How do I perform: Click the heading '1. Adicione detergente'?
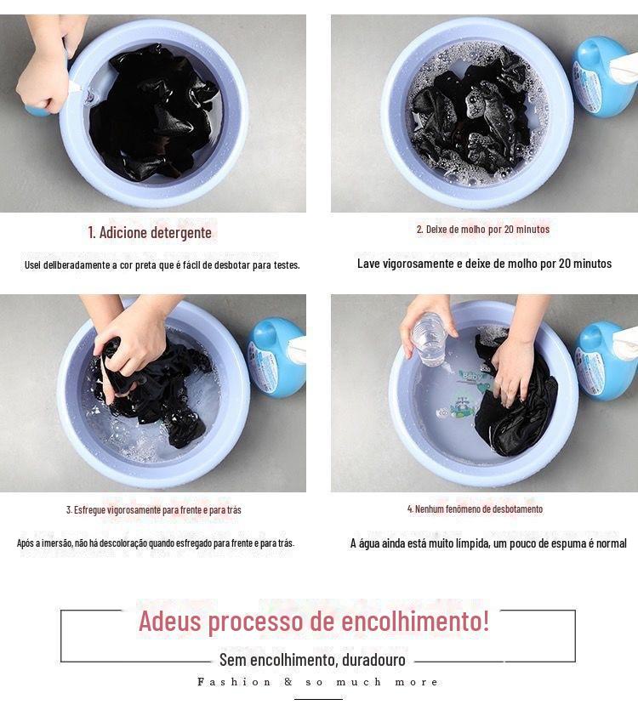(150, 232)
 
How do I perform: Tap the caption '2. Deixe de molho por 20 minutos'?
(482, 230)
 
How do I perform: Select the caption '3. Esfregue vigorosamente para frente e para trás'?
(153, 509)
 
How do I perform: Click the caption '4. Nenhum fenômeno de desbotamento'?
(475, 509)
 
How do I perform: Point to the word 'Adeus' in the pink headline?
(169, 621)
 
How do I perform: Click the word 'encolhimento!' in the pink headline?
(415, 621)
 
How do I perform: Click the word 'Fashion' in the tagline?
(234, 682)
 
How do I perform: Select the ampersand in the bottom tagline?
(288, 682)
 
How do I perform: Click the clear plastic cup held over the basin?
(429, 338)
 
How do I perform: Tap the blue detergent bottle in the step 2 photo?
(604, 76)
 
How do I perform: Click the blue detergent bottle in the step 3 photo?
(276, 356)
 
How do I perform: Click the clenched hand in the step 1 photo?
(42, 82)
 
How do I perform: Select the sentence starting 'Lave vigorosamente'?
(484, 264)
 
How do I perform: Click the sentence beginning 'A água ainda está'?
(488, 543)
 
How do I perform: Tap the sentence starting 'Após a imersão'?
(156, 543)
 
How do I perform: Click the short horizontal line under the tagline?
(318, 699)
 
